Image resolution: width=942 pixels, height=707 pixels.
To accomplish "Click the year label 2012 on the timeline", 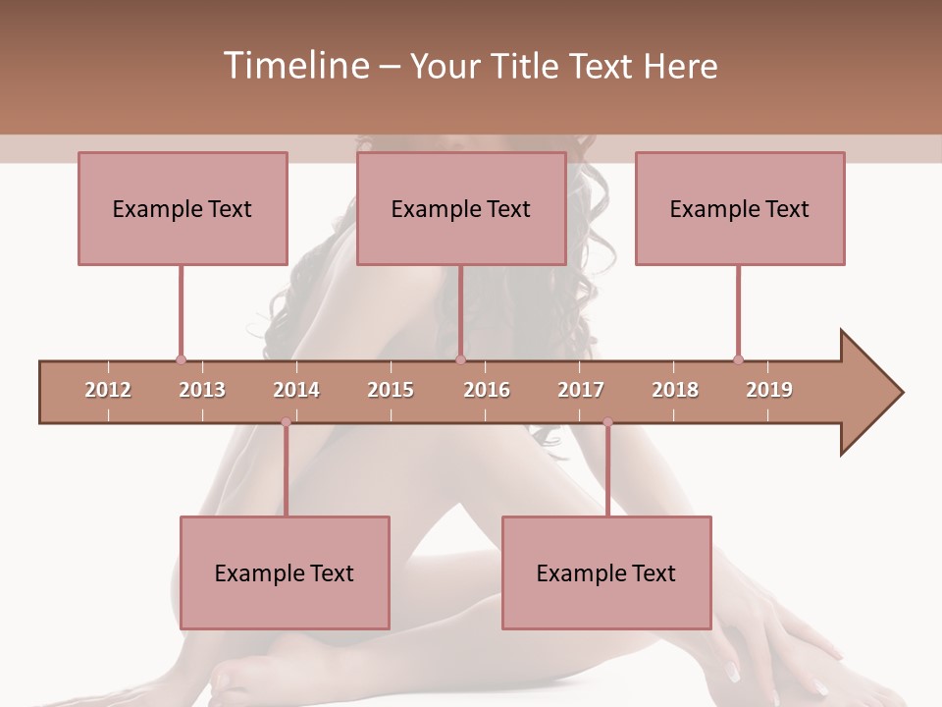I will click(108, 390).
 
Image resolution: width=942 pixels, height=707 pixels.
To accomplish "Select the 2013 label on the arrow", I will click(202, 390).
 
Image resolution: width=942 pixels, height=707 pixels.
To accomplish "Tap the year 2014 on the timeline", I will click(296, 390).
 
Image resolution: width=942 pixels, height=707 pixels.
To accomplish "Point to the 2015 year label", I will click(391, 390).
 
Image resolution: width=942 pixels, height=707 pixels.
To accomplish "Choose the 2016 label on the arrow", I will click(487, 390).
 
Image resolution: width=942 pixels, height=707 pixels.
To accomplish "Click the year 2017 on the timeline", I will click(581, 390).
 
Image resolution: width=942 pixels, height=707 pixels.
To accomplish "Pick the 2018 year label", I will click(675, 390).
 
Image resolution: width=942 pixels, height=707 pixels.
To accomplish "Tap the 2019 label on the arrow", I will click(769, 390).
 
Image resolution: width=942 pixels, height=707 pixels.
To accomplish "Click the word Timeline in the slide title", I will click(294, 66).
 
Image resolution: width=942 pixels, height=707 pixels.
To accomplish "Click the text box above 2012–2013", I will click(183, 208).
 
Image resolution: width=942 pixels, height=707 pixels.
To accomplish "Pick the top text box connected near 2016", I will click(461, 208).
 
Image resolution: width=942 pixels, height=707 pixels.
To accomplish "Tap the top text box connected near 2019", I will click(740, 208).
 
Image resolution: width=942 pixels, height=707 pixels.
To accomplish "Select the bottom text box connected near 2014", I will click(285, 572).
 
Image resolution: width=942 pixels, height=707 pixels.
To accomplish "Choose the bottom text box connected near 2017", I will click(606, 572).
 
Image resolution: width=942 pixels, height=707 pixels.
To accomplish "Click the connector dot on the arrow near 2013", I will click(181, 360).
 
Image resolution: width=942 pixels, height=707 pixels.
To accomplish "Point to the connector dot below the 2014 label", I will click(286, 422).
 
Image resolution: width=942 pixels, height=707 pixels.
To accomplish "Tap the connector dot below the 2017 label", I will click(607, 422).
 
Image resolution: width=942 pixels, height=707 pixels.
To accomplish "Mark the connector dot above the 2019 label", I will click(738, 360).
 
